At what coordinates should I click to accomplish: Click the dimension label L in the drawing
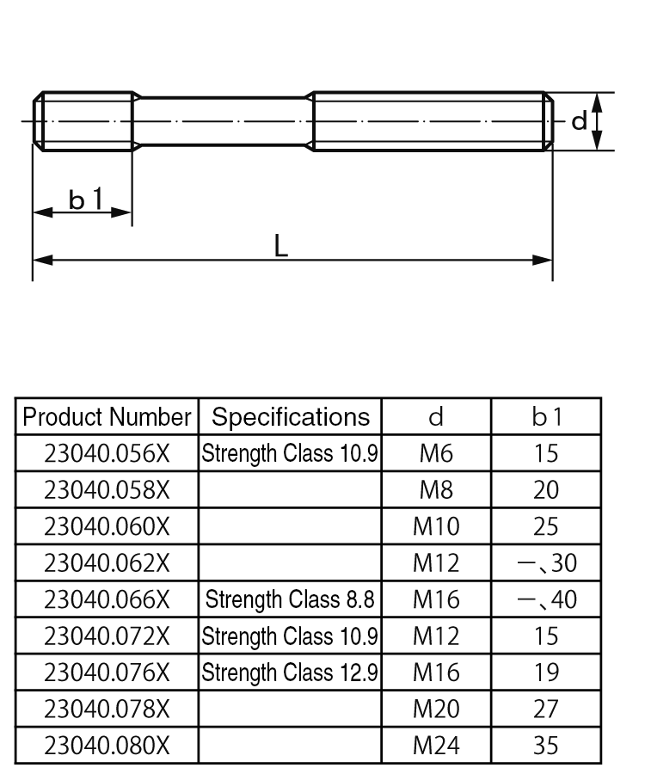280,246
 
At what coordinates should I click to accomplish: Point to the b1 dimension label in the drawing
86,200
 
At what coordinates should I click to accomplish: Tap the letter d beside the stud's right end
580,121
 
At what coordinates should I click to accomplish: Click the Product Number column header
107,417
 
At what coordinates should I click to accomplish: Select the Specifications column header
290,417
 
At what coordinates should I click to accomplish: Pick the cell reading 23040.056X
107,453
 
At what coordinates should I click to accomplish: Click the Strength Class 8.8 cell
290,599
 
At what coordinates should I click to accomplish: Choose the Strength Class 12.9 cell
290,673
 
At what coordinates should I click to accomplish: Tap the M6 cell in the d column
436,453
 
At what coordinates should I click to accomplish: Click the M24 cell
436,746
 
